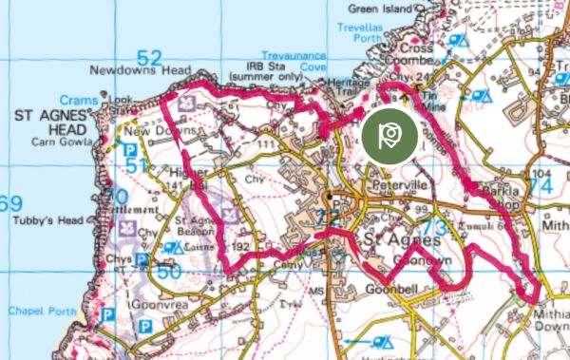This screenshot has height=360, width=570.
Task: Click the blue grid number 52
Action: pyautogui.click(x=150, y=57)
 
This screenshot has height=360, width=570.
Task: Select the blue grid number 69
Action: pyautogui.click(x=10, y=203)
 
